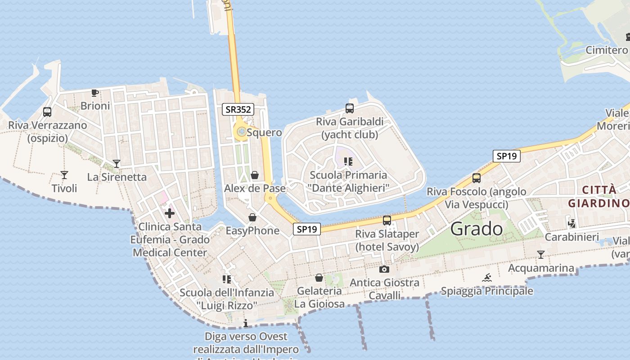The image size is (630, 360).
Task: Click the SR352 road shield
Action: pos(238,109)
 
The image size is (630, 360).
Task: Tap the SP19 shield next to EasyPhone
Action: pos(307,229)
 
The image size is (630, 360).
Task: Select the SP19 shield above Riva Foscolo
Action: pos(506,156)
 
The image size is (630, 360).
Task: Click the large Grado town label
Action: pos(477,229)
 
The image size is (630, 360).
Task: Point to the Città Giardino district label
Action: pos(598,196)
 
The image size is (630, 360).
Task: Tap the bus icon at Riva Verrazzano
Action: pos(47,112)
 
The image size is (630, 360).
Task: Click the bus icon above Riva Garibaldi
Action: pos(350,108)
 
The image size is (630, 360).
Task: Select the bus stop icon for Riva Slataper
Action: pos(387,220)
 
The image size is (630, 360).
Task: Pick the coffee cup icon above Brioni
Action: pos(94,93)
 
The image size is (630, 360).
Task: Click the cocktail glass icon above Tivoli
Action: pos(64,175)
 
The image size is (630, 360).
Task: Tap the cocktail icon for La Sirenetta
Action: pos(117,164)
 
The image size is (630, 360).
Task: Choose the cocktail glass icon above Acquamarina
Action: pos(541,255)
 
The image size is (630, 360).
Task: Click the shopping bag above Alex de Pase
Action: pos(255,175)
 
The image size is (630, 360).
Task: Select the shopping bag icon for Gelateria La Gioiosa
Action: pos(319,278)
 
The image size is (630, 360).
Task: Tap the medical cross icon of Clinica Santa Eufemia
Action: pos(170,213)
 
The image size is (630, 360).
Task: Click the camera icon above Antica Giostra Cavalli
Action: pos(384,270)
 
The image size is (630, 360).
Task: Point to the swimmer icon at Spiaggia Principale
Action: pos(487,278)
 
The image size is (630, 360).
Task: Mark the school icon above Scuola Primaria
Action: pos(347,162)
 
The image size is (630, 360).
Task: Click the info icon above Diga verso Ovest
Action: pos(246,323)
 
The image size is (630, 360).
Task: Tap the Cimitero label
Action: pos(607,50)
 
